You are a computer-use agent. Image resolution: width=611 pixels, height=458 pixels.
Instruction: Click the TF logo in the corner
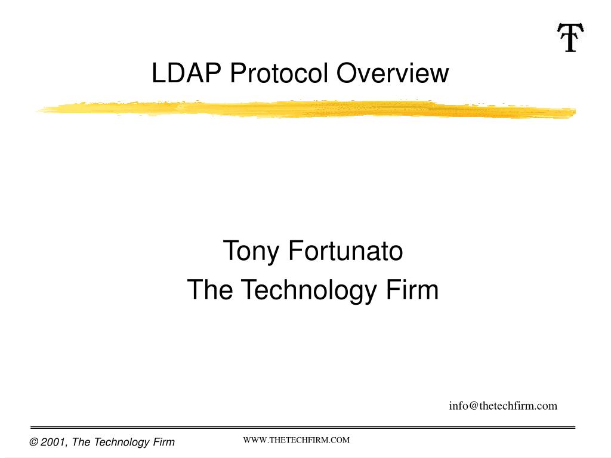tap(569, 37)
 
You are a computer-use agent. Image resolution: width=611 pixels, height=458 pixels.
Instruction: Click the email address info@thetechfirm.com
tap(503, 406)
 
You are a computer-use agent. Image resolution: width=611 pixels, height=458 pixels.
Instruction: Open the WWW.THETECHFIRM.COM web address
tap(296, 440)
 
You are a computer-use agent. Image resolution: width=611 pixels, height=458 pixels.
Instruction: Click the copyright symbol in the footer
tap(34, 442)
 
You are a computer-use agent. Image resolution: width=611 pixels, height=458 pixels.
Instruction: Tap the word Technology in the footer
tap(122, 442)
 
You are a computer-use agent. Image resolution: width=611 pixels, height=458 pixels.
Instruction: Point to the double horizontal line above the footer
tap(303, 428)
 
